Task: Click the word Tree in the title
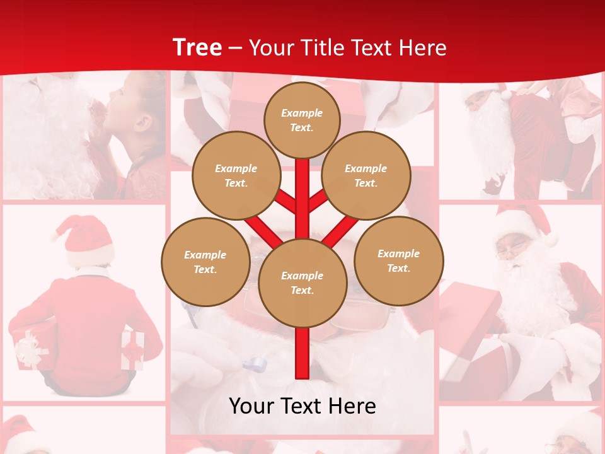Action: (x=197, y=48)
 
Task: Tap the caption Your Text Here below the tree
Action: (x=302, y=406)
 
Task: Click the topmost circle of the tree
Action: (x=302, y=120)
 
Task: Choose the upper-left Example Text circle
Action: (x=236, y=175)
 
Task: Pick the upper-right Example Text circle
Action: (x=366, y=175)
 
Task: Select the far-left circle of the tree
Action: (x=205, y=262)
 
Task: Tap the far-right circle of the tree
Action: (x=398, y=260)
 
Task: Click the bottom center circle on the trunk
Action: (x=302, y=282)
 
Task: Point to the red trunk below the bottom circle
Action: (x=302, y=353)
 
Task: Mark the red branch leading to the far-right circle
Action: (x=340, y=231)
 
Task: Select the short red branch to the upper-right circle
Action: (x=317, y=202)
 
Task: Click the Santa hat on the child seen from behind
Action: (x=85, y=240)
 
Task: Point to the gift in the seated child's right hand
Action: (x=133, y=350)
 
